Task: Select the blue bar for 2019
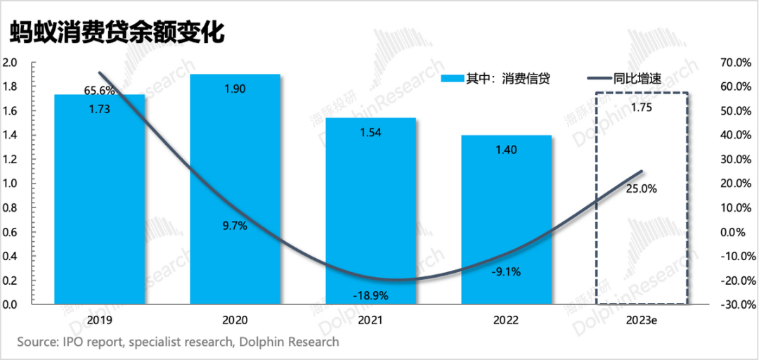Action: point(99,204)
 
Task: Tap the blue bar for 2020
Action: point(235,190)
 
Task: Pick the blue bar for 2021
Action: point(370,211)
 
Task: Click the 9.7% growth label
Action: point(234,226)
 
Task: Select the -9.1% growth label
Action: point(506,272)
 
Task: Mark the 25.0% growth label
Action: point(640,188)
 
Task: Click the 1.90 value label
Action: point(235,89)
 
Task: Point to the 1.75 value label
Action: point(641,107)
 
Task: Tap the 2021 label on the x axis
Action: point(370,320)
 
